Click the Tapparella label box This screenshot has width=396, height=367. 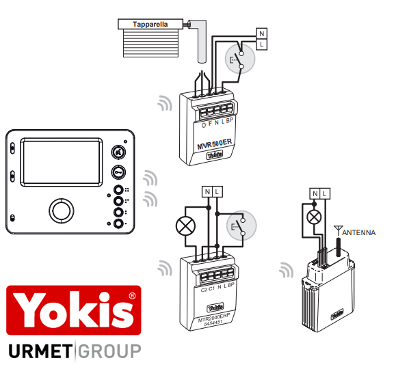pyautogui.click(x=150, y=24)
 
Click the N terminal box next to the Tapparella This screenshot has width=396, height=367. pyautogui.click(x=262, y=33)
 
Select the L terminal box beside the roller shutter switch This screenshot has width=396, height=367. pyautogui.click(x=262, y=44)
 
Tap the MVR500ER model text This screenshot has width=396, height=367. pyautogui.click(x=215, y=144)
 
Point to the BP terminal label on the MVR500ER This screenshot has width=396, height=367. pyautogui.click(x=229, y=121)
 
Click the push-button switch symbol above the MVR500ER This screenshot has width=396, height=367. pyautogui.click(x=240, y=59)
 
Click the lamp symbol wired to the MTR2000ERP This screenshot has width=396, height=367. pyautogui.click(x=185, y=226)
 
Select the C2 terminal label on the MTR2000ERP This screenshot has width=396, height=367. pyautogui.click(x=204, y=290)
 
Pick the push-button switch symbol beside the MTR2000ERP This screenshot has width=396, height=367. pyautogui.click(x=241, y=226)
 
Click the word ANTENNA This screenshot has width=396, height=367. pyautogui.click(x=358, y=233)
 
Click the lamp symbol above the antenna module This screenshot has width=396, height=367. pyautogui.click(x=314, y=217)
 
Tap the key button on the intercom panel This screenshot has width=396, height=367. pyautogui.click(x=118, y=172)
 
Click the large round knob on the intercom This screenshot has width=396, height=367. pyautogui.click(x=62, y=211)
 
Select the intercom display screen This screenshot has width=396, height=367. pyautogui.click(x=62, y=162)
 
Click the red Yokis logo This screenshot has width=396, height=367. pyautogui.click(x=73, y=310)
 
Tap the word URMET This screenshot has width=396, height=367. pyautogui.click(x=40, y=351)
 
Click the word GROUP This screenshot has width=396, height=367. pyautogui.click(x=109, y=351)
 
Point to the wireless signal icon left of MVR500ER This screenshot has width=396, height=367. pyautogui.click(x=165, y=103)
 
